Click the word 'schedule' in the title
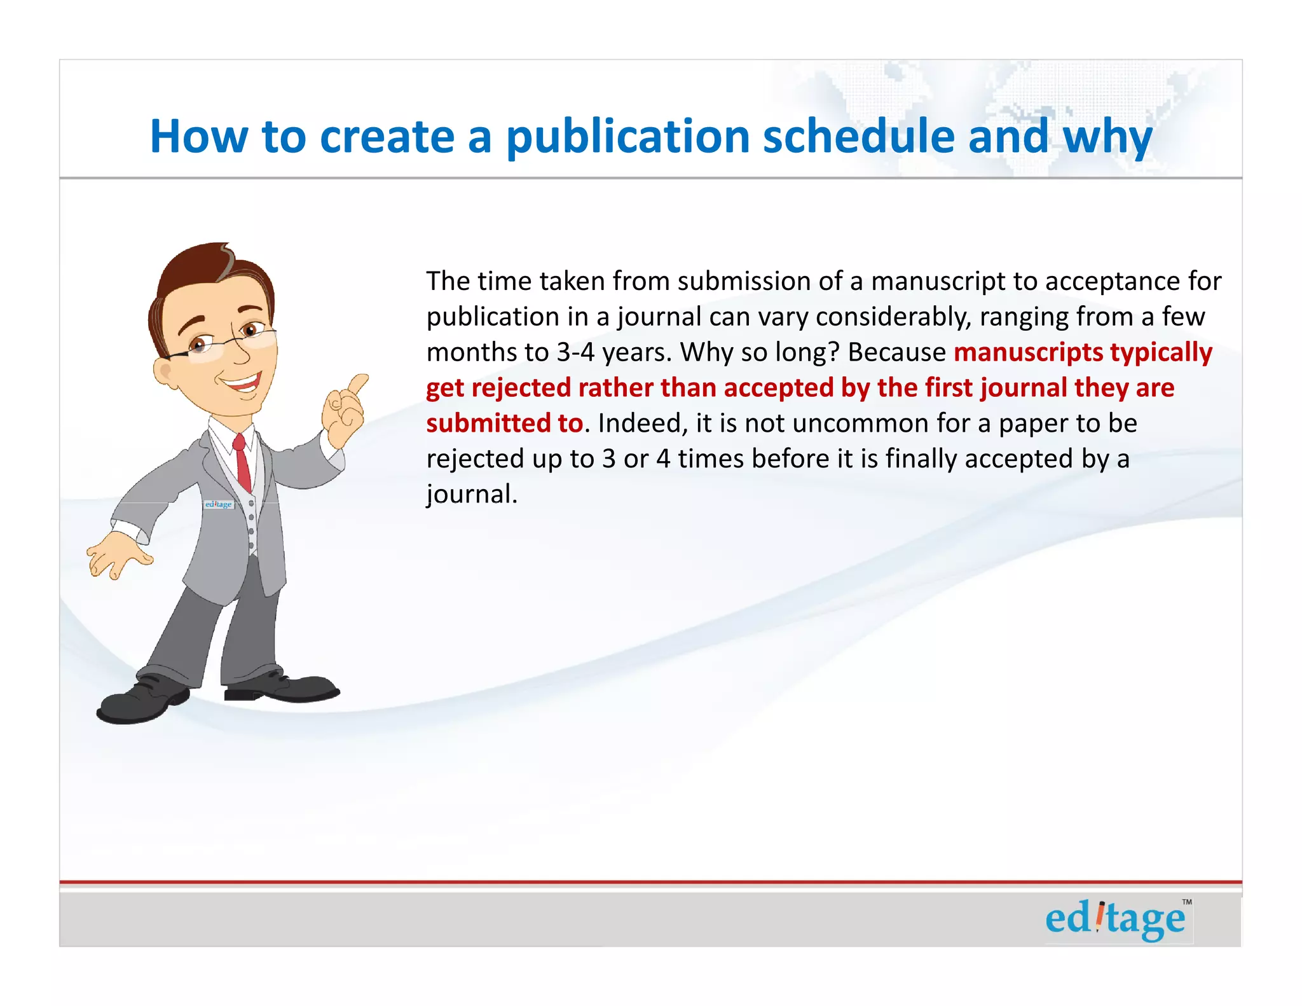pos(859,136)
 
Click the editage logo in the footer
pos(1115,919)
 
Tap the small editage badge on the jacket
pos(219,504)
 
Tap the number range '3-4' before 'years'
pos(575,352)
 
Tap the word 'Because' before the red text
pos(897,352)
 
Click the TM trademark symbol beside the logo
pos(1187,902)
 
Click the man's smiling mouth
pos(240,382)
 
